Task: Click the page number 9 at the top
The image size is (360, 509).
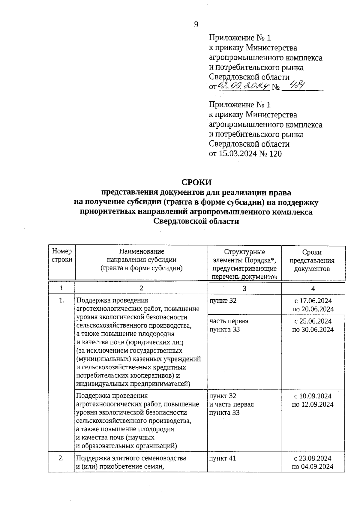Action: click(x=196, y=25)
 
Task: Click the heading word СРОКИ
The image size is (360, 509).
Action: click(x=196, y=182)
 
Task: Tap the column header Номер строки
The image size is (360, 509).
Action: click(x=62, y=255)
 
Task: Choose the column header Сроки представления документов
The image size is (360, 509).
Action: click(x=312, y=260)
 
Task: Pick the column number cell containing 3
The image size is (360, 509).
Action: click(x=244, y=288)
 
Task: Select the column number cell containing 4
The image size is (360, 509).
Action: click(x=313, y=289)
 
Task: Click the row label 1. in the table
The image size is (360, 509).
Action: click(x=61, y=300)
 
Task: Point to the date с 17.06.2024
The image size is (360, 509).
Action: click(x=313, y=301)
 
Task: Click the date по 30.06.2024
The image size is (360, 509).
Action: click(x=313, y=329)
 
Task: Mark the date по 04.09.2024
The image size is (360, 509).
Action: click(x=313, y=467)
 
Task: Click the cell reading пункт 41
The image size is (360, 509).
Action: click(x=223, y=458)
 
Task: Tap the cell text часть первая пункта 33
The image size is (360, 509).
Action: click(x=229, y=325)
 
